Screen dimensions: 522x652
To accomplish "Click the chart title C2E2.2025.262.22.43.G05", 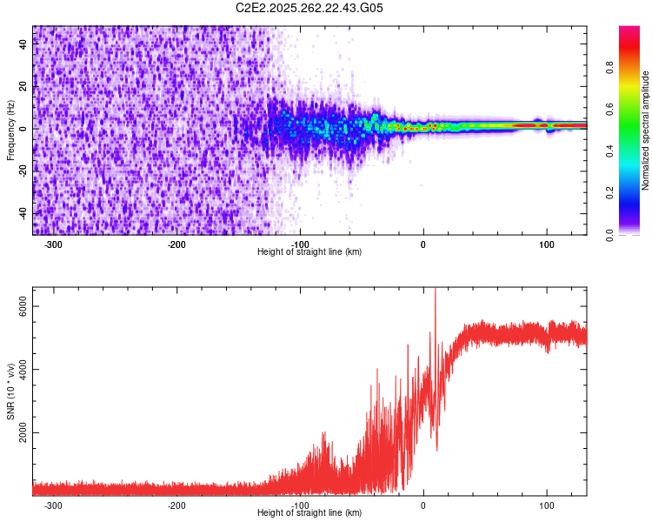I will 309,8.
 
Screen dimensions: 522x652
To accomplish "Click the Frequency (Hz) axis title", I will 10,130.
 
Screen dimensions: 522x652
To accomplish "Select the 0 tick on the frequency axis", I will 24,128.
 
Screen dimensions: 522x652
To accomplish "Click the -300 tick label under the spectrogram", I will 53,244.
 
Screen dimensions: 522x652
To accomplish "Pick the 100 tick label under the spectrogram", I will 547,244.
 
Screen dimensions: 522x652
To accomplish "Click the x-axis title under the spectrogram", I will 309,252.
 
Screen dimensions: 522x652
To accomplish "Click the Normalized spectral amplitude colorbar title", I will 645,130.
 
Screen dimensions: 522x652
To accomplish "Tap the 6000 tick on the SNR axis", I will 24,305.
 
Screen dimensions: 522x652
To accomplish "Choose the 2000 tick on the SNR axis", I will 24,432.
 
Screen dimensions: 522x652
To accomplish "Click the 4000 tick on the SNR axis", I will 24,369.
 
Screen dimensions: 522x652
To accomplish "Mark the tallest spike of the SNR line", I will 435,291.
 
